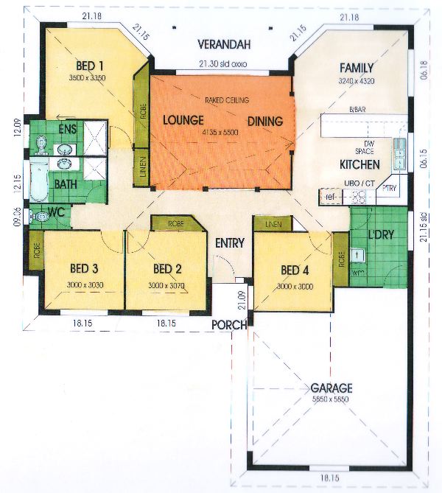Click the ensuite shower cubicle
tap(94, 136)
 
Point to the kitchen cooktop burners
tap(359, 197)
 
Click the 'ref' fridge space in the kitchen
tap(329, 197)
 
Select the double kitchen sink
tap(399, 153)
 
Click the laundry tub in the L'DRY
tap(359, 254)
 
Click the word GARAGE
tap(331, 388)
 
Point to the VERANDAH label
tap(225, 43)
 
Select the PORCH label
tap(227, 324)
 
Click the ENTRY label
tap(229, 242)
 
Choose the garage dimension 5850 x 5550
tap(331, 399)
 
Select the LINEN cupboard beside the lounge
tap(140, 165)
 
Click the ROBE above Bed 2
tap(175, 223)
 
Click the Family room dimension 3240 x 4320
tap(358, 80)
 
